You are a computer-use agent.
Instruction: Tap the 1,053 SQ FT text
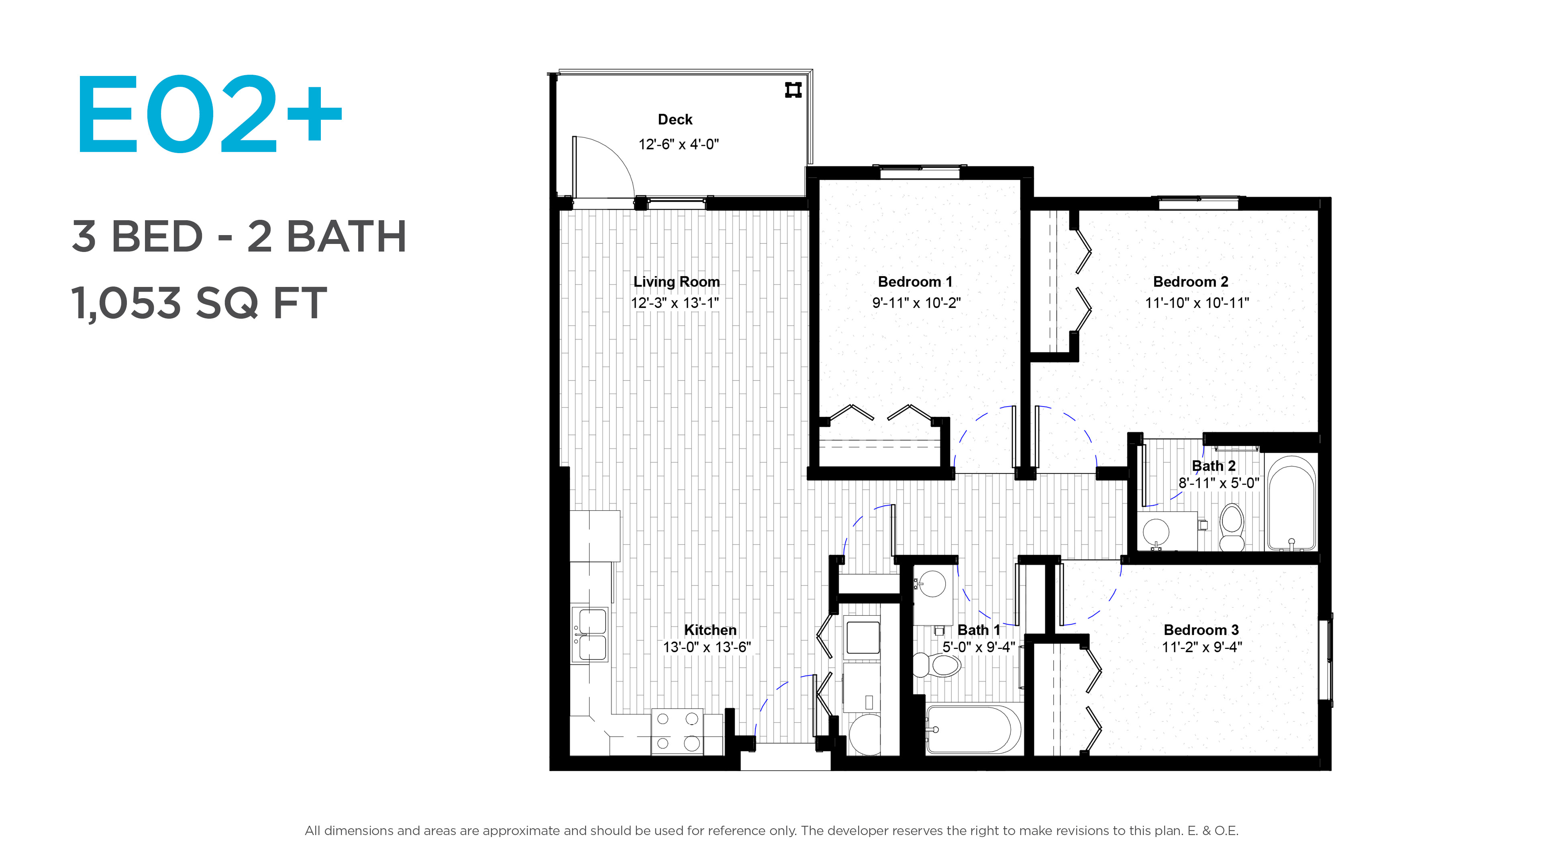tap(199, 303)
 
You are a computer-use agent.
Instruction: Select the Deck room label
tap(675, 119)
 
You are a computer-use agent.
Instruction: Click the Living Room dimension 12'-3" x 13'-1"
tap(675, 303)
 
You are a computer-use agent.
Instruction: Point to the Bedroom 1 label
tap(915, 282)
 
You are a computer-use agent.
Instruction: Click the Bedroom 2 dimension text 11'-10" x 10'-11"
tap(1197, 303)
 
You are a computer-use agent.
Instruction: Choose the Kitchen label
tap(710, 630)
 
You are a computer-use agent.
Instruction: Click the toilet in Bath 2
tap(1232, 527)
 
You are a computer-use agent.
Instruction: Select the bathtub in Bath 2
tap(1292, 503)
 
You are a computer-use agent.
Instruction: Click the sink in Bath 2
tap(1156, 531)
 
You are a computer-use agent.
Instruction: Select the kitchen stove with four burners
tap(677, 732)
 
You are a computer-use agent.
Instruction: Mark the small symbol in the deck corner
tap(793, 90)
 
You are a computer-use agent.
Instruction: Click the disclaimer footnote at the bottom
tap(771, 830)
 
